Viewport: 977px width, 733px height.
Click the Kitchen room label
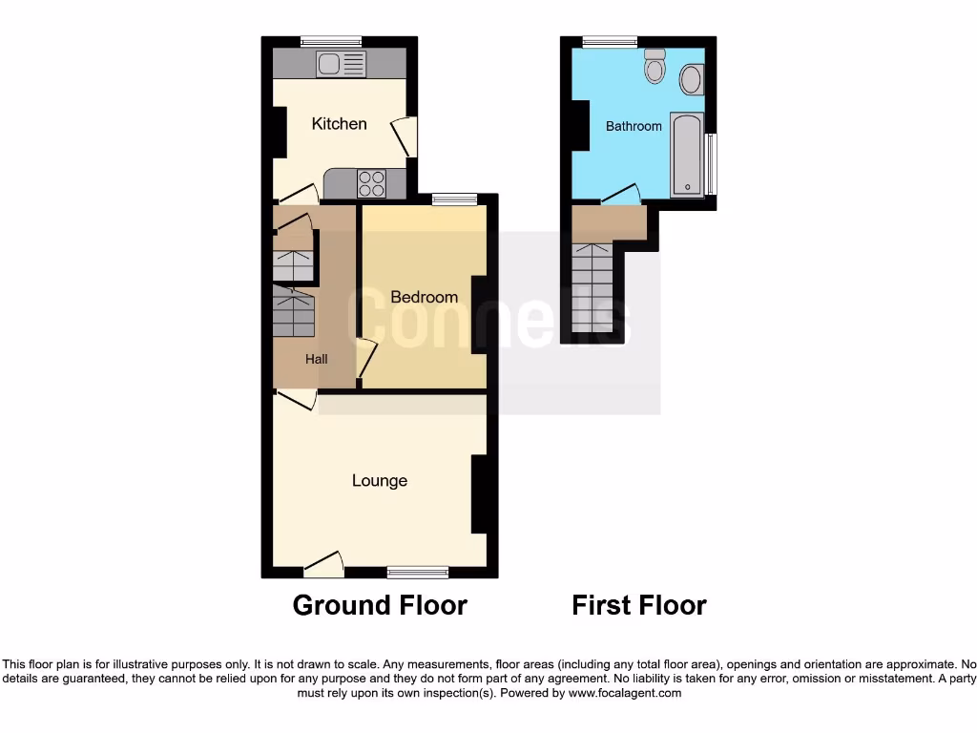339,124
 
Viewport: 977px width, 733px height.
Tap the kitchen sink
341,64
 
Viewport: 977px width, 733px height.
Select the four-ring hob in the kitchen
372,182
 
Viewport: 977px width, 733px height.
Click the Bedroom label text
424,297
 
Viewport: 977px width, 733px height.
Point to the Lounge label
380,481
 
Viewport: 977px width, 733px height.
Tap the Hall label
317,359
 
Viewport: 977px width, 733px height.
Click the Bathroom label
634,126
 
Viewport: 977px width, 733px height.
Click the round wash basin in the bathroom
692,79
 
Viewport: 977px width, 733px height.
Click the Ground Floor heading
380,605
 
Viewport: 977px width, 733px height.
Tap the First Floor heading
639,605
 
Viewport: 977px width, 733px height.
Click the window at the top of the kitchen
331,41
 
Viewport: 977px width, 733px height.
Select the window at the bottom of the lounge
418,572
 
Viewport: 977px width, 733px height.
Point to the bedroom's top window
454,199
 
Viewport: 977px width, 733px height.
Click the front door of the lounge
323,567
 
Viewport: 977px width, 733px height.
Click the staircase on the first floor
592,287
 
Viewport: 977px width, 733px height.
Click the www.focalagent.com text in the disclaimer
624,694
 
